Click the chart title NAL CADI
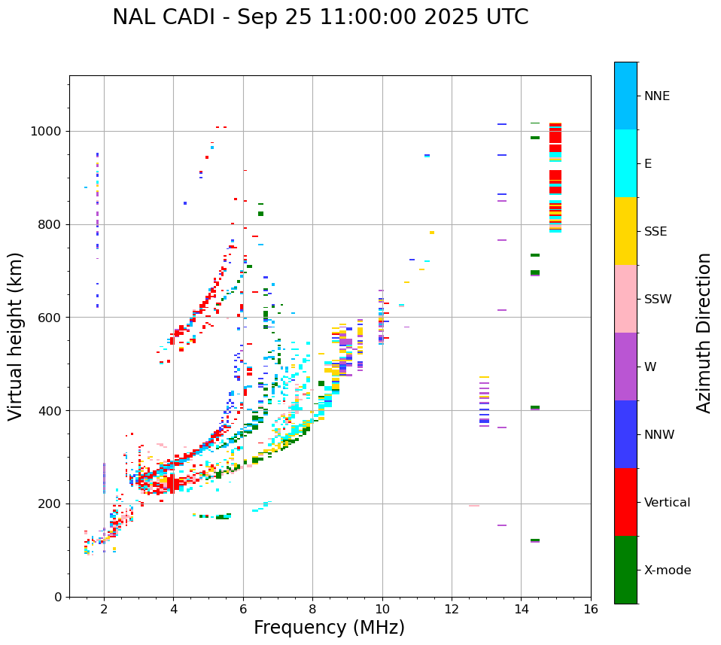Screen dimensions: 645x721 coord(320,17)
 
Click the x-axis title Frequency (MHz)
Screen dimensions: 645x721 coord(329,628)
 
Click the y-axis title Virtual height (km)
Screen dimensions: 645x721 coord(16,336)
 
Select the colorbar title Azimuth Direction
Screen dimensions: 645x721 coord(704,333)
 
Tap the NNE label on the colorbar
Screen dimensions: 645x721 coord(656,96)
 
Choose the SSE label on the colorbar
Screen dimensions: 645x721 coord(655,232)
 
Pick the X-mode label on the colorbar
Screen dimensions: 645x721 coord(668,570)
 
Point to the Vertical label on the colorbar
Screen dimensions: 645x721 coord(667,503)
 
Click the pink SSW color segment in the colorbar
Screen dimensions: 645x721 coord(625,299)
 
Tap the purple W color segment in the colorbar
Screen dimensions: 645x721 coord(625,367)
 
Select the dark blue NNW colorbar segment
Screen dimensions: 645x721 coord(625,434)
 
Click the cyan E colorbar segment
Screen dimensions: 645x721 coord(625,163)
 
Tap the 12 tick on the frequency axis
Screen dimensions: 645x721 coord(452,609)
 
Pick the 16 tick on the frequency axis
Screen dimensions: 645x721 coord(591,609)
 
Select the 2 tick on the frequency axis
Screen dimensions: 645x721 coord(104,609)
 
